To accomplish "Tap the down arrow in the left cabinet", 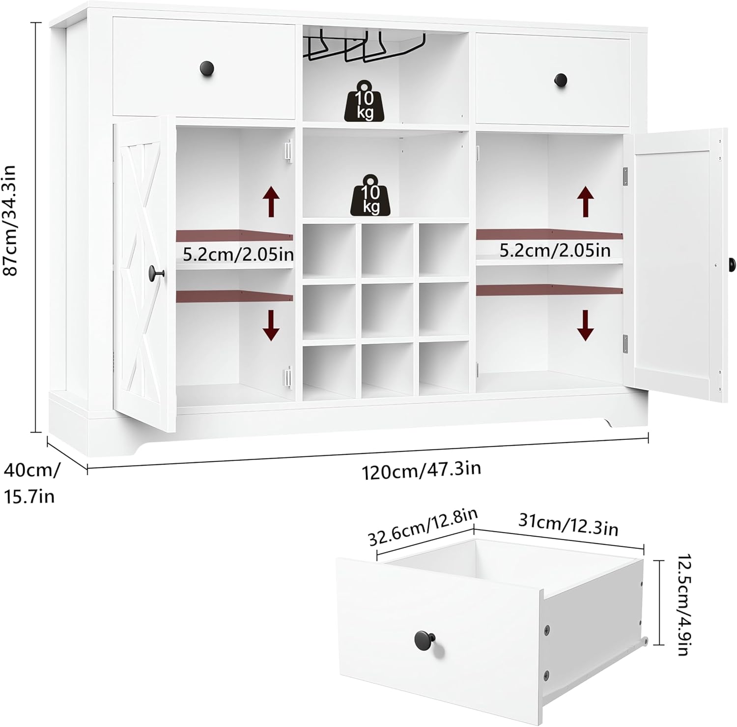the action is [271, 326].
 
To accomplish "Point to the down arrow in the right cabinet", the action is [585, 325].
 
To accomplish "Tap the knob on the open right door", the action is [731, 264].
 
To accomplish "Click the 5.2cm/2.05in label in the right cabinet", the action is [555, 251].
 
